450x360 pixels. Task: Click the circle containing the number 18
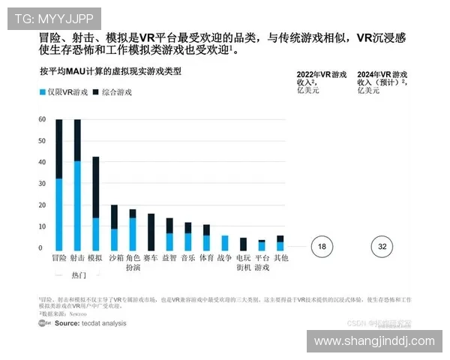[322, 247]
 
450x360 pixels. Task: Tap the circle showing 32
[382, 247]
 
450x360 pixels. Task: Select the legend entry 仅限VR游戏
[61, 91]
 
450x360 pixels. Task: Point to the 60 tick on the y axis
[40, 120]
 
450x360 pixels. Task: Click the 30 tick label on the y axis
[40, 184]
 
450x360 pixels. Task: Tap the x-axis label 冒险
[58, 258]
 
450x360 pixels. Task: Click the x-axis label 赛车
[151, 258]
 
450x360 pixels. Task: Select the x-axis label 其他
[280, 258]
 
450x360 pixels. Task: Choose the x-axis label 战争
[224, 258]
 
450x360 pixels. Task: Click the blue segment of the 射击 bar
[77, 205]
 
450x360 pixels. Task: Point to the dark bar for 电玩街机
[243, 244]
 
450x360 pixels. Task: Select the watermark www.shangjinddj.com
[374, 341]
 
